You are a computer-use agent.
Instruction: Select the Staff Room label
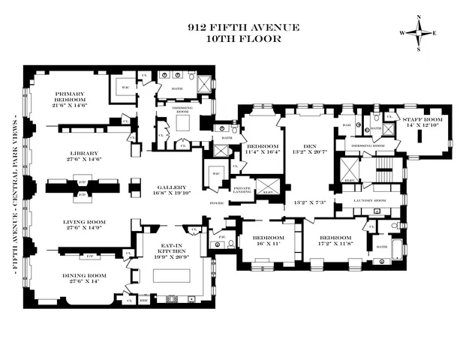click(x=424, y=123)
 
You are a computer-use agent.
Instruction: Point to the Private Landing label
click(x=242, y=190)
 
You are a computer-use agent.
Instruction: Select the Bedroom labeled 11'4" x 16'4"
click(x=263, y=149)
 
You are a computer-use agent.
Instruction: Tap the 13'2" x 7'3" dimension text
click(x=310, y=203)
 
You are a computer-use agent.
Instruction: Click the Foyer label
click(x=216, y=202)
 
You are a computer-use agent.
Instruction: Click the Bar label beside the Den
click(x=347, y=125)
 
